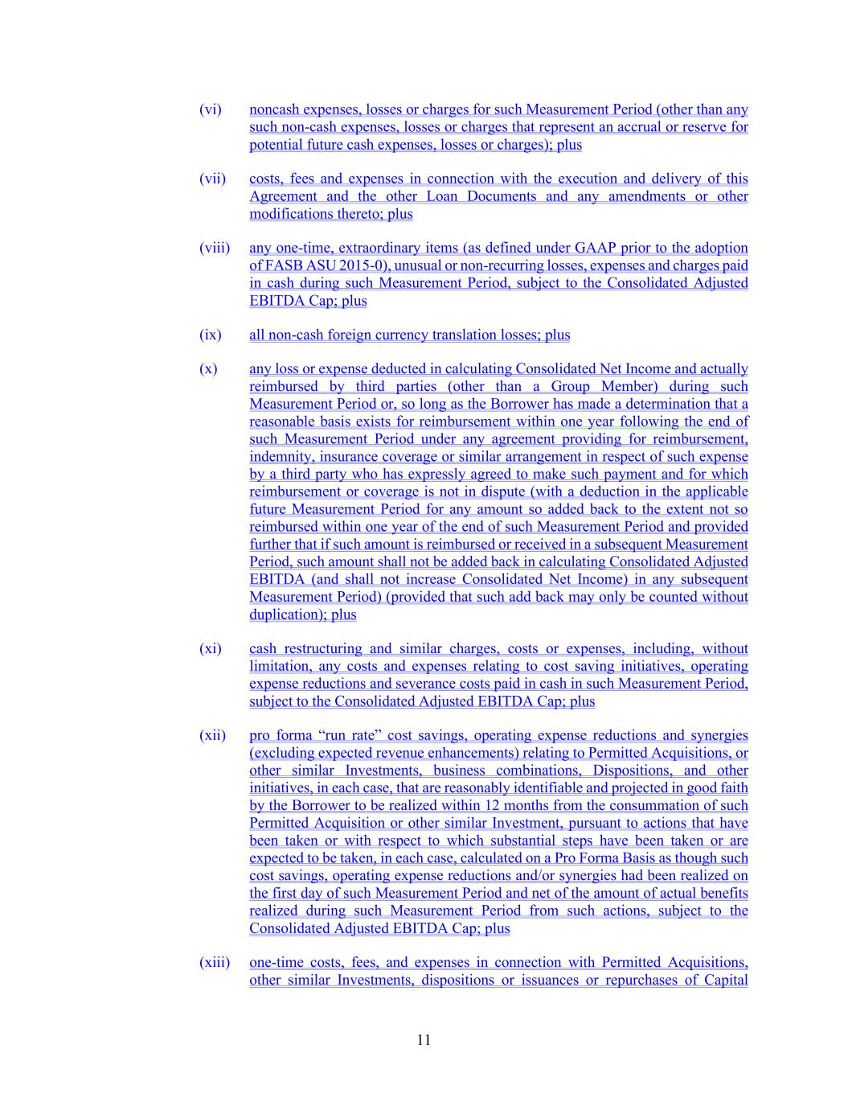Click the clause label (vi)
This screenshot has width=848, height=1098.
[210, 109]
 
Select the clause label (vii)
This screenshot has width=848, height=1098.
[212, 179]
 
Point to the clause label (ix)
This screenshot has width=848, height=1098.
[210, 335]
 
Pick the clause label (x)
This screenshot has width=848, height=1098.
[208, 369]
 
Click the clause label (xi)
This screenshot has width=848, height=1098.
[210, 648]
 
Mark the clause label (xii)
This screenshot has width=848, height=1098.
[212, 735]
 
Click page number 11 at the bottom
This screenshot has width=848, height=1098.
[424, 1039]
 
